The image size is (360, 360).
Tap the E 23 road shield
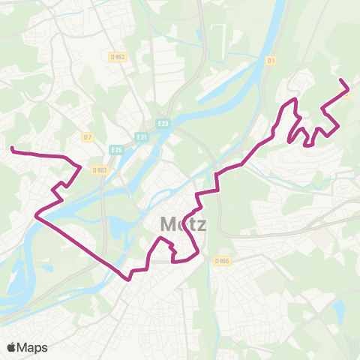[x=163, y=122]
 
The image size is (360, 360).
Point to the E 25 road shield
[x=115, y=150]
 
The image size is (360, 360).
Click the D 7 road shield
[x=87, y=136]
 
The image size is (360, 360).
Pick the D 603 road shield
[x=100, y=169]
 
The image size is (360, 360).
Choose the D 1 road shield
[x=271, y=60]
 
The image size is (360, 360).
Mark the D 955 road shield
[x=220, y=261]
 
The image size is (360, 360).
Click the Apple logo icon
[x=12, y=347]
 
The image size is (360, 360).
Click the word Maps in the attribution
[x=33, y=347]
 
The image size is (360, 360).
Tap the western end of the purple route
[x=11, y=150]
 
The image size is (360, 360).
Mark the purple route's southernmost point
[x=129, y=280]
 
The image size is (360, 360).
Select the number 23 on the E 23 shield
[x=166, y=122]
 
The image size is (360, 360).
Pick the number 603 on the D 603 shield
[x=102, y=169]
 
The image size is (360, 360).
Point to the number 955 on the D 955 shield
[x=223, y=261]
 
